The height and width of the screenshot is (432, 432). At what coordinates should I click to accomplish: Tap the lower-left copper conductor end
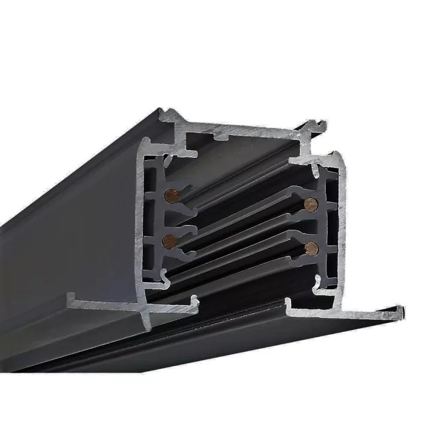[170, 241]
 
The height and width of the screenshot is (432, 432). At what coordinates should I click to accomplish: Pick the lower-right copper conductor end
[311, 247]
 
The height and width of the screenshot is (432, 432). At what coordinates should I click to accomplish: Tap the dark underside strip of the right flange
[336, 327]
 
